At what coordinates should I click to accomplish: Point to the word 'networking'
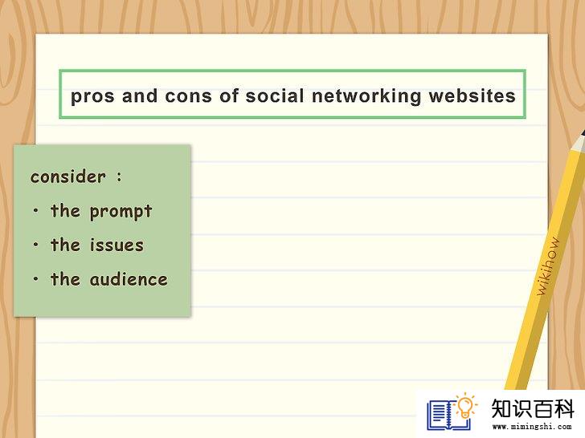pyautogui.click(x=366, y=95)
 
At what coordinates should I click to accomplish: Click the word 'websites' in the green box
pyautogui.click(x=472, y=95)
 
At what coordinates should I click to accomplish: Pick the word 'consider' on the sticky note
pyautogui.click(x=67, y=176)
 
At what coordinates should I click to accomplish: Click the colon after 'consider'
pyautogui.click(x=119, y=176)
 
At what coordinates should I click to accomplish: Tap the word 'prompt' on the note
pyautogui.click(x=121, y=212)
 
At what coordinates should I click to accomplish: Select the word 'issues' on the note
pyautogui.click(x=117, y=245)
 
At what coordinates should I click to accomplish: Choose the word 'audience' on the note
pyautogui.click(x=129, y=279)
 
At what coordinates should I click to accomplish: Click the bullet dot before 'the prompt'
pyautogui.click(x=36, y=211)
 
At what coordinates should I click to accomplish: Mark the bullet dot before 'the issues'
pyautogui.click(x=36, y=245)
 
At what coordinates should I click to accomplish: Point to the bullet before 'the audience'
pyautogui.click(x=36, y=278)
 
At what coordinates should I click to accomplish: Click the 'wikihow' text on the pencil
pyautogui.click(x=548, y=266)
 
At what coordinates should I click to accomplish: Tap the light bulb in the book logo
pyautogui.click(x=465, y=406)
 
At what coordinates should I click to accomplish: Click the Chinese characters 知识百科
pyautogui.click(x=532, y=408)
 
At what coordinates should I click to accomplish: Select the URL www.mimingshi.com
pyautogui.click(x=532, y=427)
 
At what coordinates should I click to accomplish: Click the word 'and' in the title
pyautogui.click(x=140, y=95)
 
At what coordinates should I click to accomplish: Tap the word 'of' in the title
pyautogui.click(x=228, y=95)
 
